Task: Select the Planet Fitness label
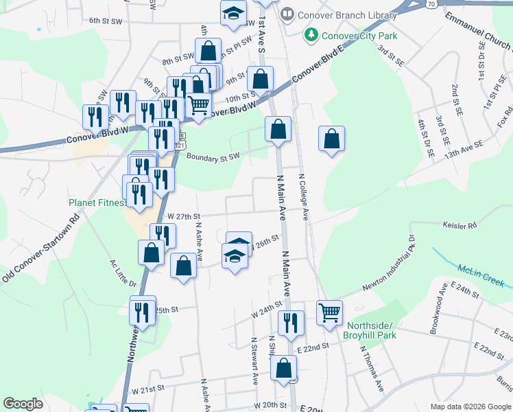tap(97, 203)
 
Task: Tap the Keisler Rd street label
tap(460, 225)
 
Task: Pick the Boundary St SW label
tap(213, 157)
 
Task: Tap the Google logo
tap(23, 404)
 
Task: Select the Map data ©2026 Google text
tap(470, 407)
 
